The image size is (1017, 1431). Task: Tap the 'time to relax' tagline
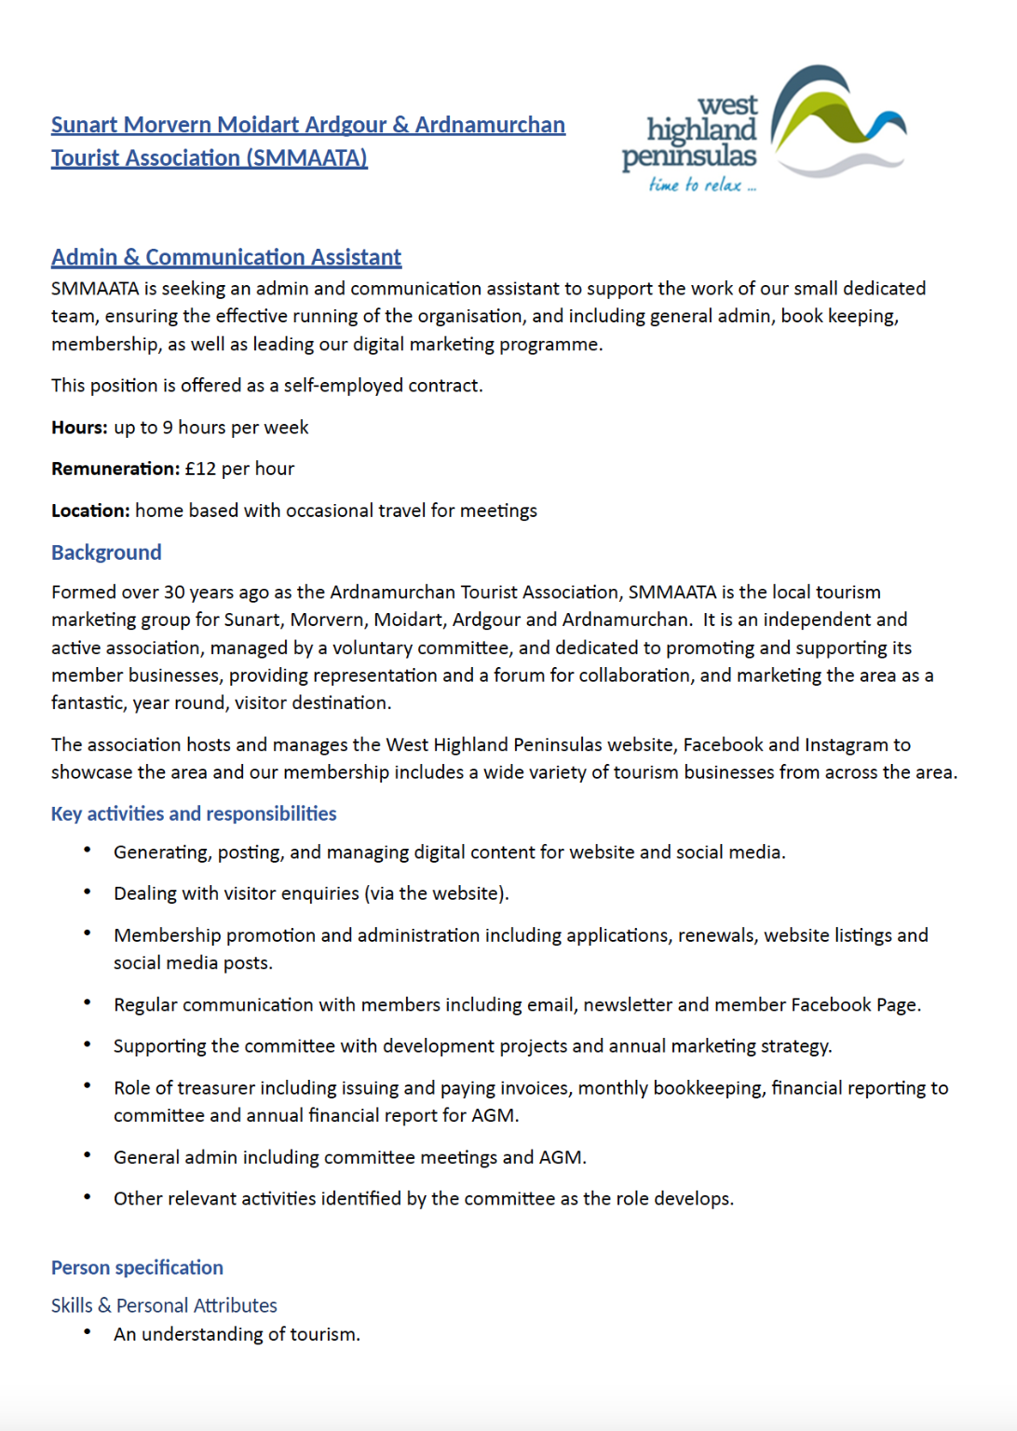[702, 184]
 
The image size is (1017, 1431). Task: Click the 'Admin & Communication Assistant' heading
[226, 257]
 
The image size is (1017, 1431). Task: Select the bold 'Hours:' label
[79, 428]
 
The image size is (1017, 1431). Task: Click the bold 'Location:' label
[90, 511]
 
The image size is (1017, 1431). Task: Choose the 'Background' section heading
[106, 552]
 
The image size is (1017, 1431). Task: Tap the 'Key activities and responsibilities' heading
[194, 813]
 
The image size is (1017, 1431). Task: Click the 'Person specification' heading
[137, 1267]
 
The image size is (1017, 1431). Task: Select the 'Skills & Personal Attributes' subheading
[164, 1305]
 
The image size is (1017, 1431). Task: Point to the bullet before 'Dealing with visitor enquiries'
[88, 892]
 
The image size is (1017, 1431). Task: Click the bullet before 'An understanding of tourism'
[88, 1332]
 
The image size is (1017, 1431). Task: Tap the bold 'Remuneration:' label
[115, 469]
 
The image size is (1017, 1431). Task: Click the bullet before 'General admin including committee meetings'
[88, 1155]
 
